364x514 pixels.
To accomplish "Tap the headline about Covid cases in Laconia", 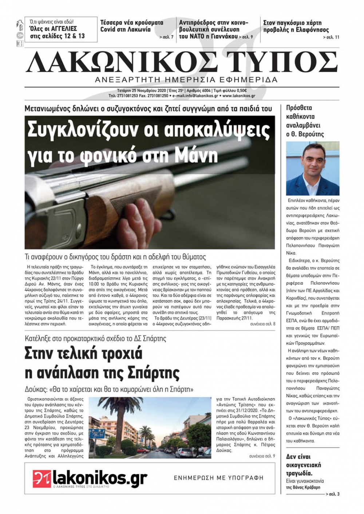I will pyautogui.click(x=132, y=26).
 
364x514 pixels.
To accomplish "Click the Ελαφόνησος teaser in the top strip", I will pyautogui.click(x=296, y=26).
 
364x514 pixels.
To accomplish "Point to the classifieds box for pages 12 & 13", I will pyautogui.click(x=57, y=29).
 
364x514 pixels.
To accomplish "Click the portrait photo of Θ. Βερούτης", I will pyautogui.click(x=313, y=168).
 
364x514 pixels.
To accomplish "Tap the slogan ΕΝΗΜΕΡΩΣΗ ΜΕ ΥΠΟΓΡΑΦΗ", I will pyautogui.click(x=218, y=478).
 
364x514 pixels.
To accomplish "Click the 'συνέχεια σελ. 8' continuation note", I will pyautogui.click(x=262, y=323).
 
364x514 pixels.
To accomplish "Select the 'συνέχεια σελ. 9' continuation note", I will pyautogui.click(x=262, y=456).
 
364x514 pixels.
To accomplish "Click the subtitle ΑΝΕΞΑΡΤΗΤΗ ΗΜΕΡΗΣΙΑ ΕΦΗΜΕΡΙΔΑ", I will pyautogui.click(x=186, y=80).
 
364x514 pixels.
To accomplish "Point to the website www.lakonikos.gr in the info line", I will pyautogui.click(x=238, y=96).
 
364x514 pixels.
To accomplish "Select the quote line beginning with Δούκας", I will pyautogui.click(x=109, y=389).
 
